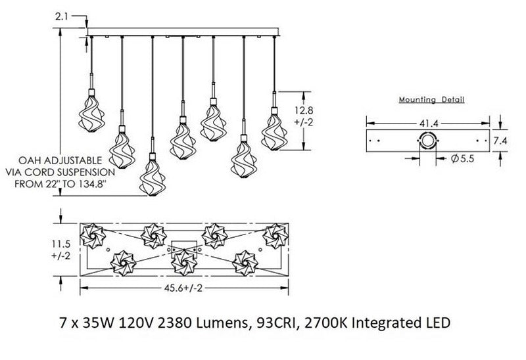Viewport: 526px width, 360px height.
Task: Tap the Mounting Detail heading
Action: [x=432, y=101]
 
